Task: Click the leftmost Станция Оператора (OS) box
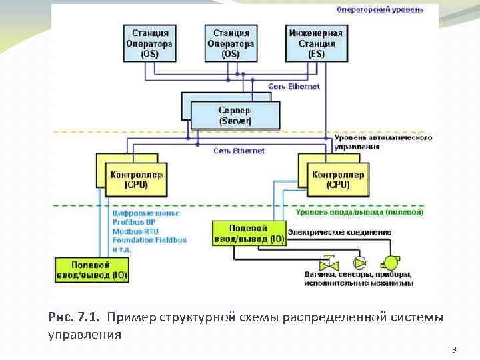[149, 43]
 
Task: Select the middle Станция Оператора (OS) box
[231, 43]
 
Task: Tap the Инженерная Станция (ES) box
[316, 43]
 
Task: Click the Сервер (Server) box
[235, 115]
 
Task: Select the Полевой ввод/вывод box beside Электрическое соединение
[248, 233]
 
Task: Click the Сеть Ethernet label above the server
[294, 87]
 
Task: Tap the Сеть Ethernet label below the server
[239, 151]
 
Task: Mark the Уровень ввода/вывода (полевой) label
[358, 212]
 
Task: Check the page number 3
[454, 349]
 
